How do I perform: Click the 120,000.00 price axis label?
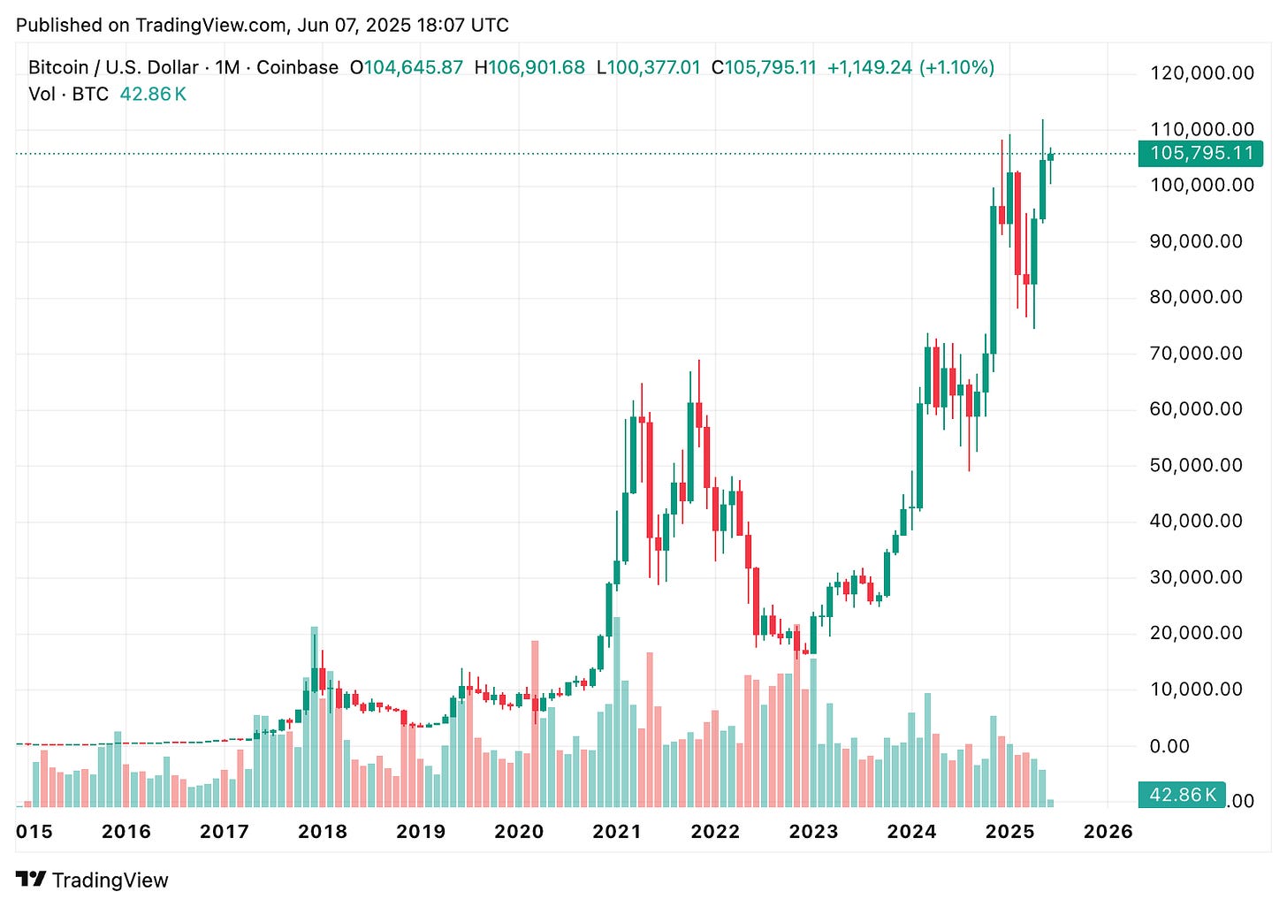pyautogui.click(x=1201, y=73)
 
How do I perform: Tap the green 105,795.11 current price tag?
pyautogui.click(x=1200, y=153)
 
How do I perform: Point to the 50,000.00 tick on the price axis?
pyautogui.click(x=1195, y=465)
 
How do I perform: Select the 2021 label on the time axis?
pyautogui.click(x=616, y=832)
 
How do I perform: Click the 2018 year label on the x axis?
pyautogui.click(x=322, y=832)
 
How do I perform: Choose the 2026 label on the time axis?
pyautogui.click(x=1108, y=832)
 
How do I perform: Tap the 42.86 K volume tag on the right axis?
pyautogui.click(x=1181, y=795)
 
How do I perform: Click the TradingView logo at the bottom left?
pyautogui.click(x=92, y=880)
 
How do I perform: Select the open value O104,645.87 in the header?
pyautogui.click(x=407, y=68)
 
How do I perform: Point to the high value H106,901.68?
pyautogui.click(x=529, y=68)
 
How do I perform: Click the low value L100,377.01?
pyautogui.click(x=648, y=68)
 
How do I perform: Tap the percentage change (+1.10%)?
pyautogui.click(x=956, y=68)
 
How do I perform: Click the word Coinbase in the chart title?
pyautogui.click(x=297, y=68)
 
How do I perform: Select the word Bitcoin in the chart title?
pyautogui.click(x=57, y=68)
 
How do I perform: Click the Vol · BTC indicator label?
pyautogui.click(x=68, y=95)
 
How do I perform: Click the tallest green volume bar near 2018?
pyautogui.click(x=314, y=716)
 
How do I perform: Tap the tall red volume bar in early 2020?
pyautogui.click(x=535, y=723)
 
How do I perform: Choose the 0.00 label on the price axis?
pyautogui.click(x=1169, y=746)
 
